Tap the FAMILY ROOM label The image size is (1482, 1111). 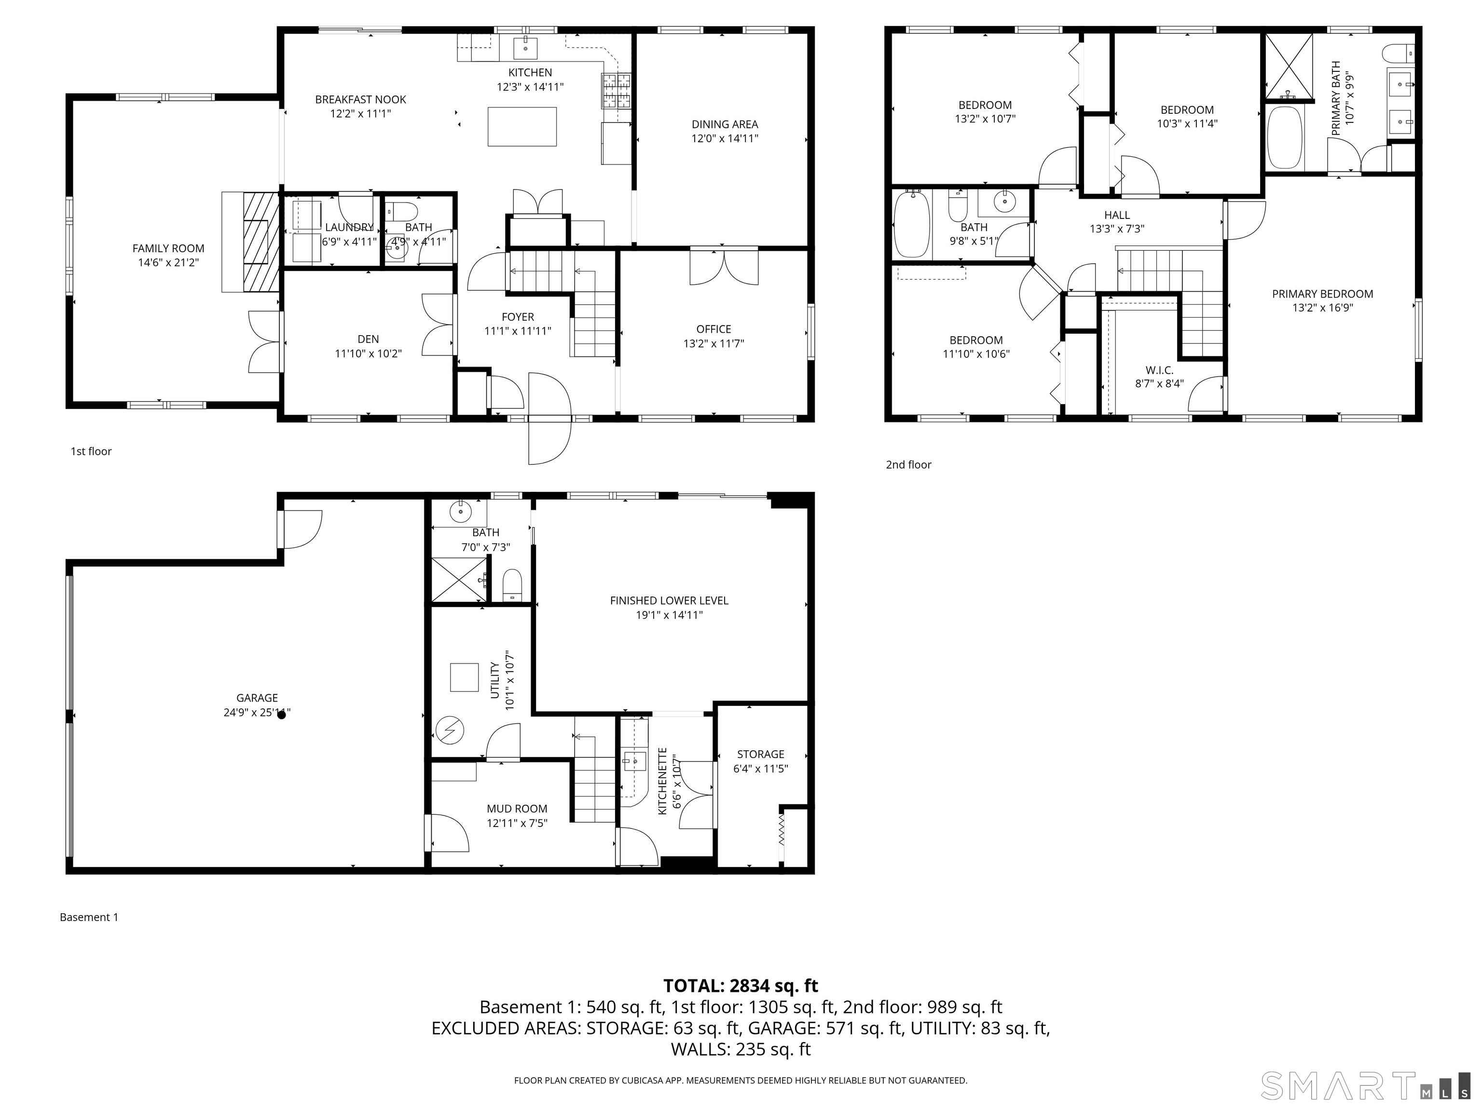pyautogui.click(x=168, y=248)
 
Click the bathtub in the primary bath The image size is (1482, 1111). pyautogui.click(x=1284, y=137)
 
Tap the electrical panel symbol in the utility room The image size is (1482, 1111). pyautogui.click(x=450, y=730)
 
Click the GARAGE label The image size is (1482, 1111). pyautogui.click(x=257, y=698)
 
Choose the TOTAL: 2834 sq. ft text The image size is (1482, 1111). pyautogui.click(x=741, y=986)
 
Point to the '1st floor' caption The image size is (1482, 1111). pyautogui.click(x=91, y=451)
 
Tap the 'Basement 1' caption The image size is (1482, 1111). pyautogui.click(x=89, y=917)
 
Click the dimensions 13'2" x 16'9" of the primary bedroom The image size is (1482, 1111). pyautogui.click(x=1322, y=308)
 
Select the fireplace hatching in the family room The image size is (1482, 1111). pyautogui.click(x=259, y=241)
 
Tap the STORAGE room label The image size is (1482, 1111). pyautogui.click(x=760, y=754)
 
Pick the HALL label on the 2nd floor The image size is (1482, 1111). pyautogui.click(x=1117, y=215)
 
